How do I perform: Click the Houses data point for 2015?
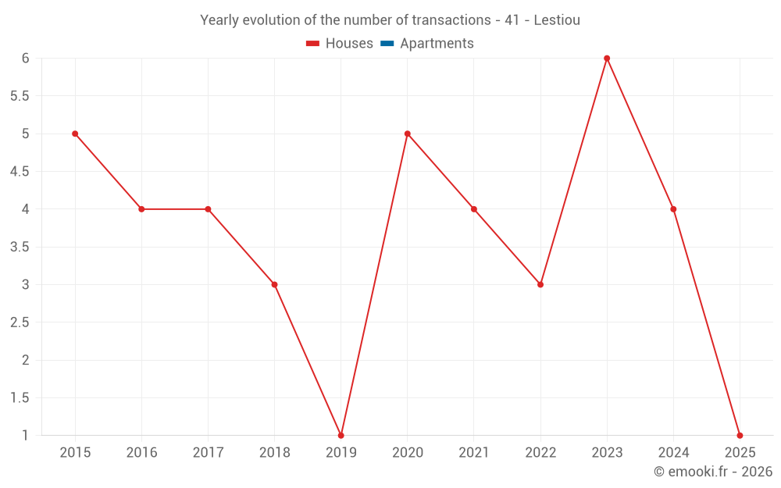(x=75, y=134)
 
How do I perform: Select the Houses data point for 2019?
(x=341, y=435)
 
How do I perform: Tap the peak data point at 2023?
(x=607, y=59)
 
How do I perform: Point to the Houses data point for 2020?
(x=408, y=134)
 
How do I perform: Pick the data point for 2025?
(x=740, y=435)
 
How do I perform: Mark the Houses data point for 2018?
(x=274, y=284)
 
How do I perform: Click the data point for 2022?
(x=540, y=284)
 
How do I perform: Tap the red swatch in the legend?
(x=313, y=44)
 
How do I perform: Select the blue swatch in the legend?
(x=387, y=44)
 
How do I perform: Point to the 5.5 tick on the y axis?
(x=20, y=96)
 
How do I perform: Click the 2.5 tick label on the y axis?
(x=20, y=322)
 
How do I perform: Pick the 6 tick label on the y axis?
(x=25, y=59)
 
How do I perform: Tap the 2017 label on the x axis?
(x=208, y=453)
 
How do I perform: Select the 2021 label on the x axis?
(x=474, y=453)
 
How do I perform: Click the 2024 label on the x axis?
(x=673, y=453)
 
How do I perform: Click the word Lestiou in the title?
(x=557, y=20)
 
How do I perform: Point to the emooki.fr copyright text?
(x=713, y=472)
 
